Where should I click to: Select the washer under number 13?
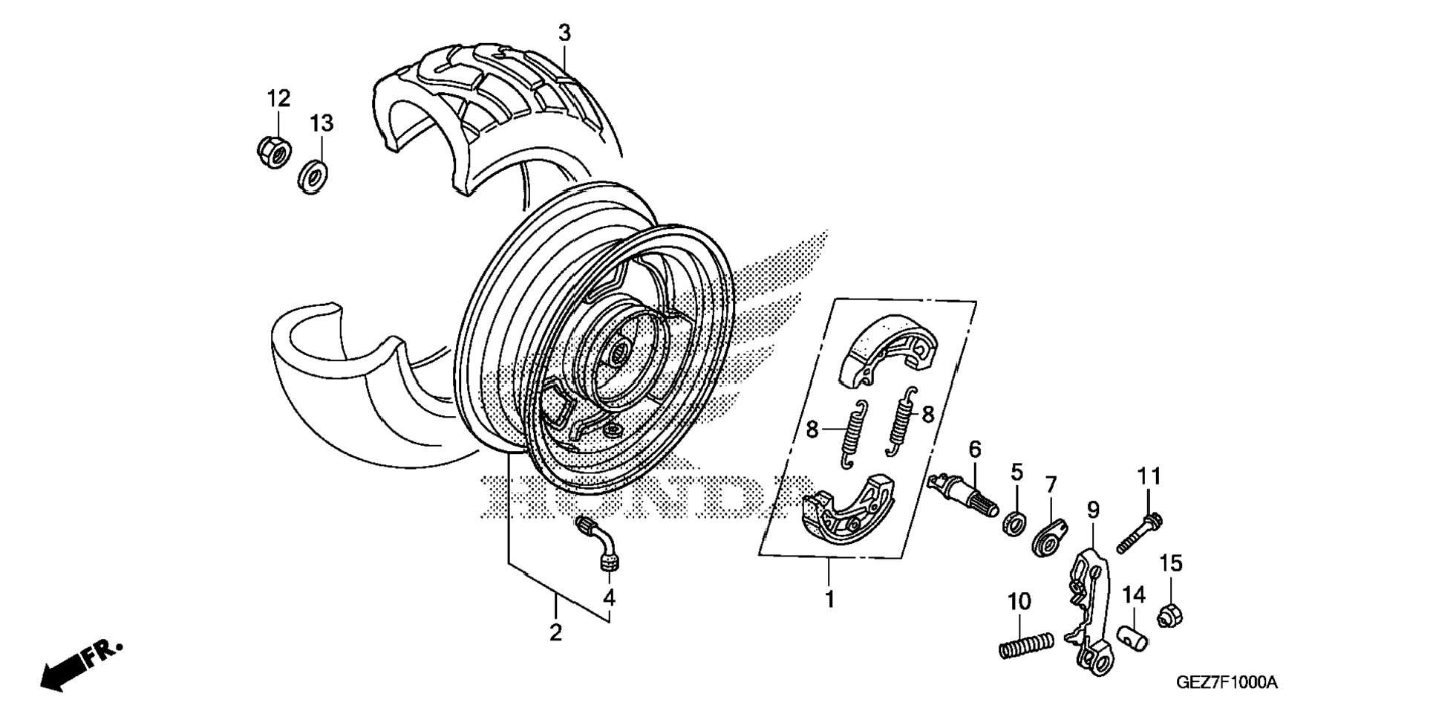click(315, 178)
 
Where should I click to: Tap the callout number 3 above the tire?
click(564, 33)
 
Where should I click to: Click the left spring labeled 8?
click(853, 434)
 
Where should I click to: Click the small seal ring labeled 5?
click(1013, 522)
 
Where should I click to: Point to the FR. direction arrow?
click(78, 665)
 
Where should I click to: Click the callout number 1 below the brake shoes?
click(830, 599)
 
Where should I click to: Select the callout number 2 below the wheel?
click(555, 633)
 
